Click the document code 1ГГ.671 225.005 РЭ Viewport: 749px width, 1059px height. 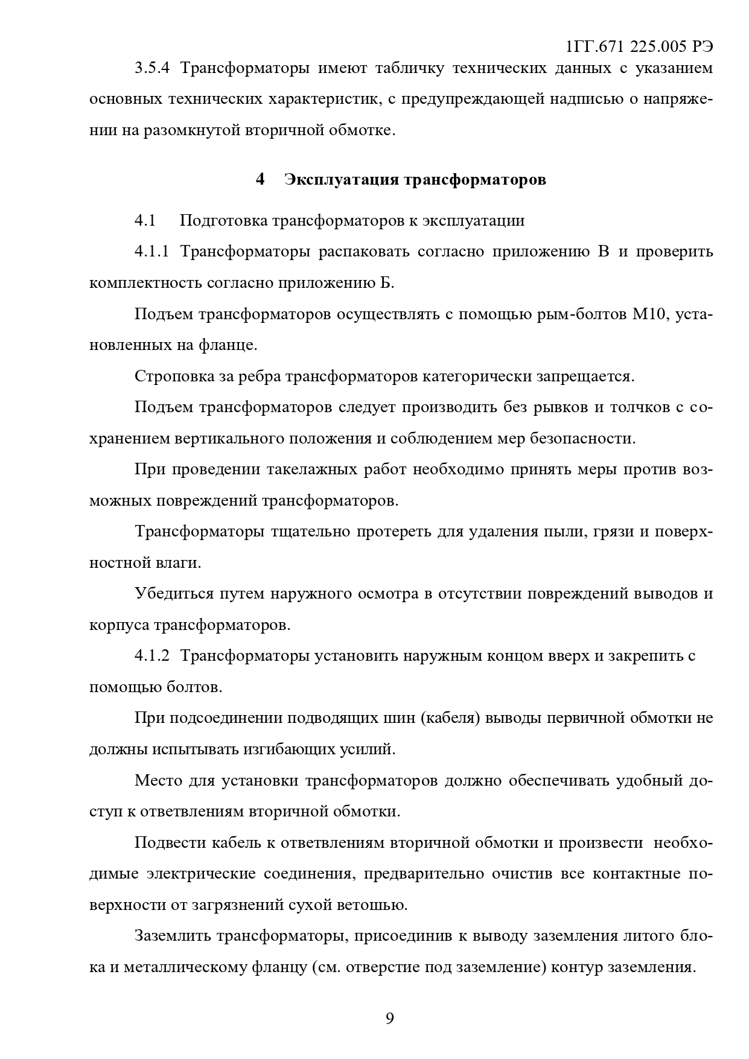pyautogui.click(x=640, y=48)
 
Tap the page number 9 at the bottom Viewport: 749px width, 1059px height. pyautogui.click(x=390, y=1019)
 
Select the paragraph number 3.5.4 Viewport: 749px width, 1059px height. pyautogui.click(x=153, y=68)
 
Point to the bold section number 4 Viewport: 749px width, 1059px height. pyautogui.click(x=260, y=180)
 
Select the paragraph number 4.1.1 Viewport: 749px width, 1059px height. pyautogui.click(x=152, y=252)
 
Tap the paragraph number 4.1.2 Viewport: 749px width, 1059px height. pyautogui.click(x=153, y=656)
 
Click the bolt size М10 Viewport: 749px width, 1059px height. pyautogui.click(x=648, y=314)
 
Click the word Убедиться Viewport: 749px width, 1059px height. pyautogui.click(x=170, y=594)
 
